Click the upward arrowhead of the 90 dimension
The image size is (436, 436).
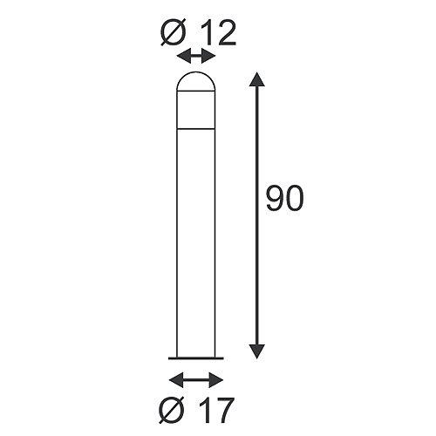255,81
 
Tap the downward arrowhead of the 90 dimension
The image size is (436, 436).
255,351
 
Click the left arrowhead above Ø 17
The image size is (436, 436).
175,379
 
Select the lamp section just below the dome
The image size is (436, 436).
195,111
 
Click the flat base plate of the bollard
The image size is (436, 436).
195,357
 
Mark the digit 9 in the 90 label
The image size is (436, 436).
274,200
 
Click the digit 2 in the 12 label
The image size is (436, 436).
226,32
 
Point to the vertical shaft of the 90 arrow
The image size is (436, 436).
255,218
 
